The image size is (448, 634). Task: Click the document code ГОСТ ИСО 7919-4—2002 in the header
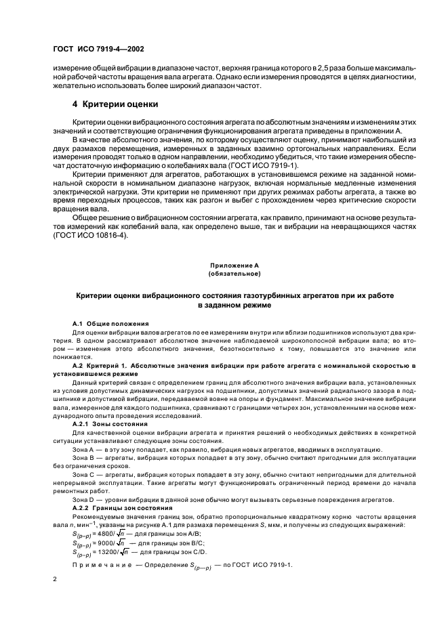coord(99,49)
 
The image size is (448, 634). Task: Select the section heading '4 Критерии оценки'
coord(115,104)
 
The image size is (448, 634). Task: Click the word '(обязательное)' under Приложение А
coord(224,274)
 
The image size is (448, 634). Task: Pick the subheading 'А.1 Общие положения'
coord(106,323)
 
